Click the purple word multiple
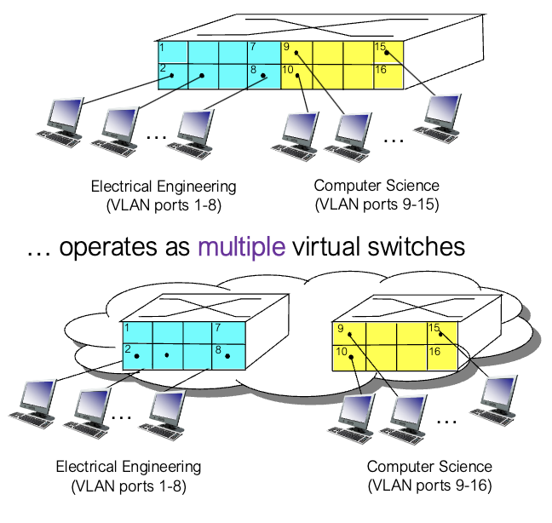tap(241, 247)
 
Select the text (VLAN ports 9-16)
tap(429, 486)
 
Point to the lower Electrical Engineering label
tap(129, 467)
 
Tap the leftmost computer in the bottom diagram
tap(33, 401)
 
